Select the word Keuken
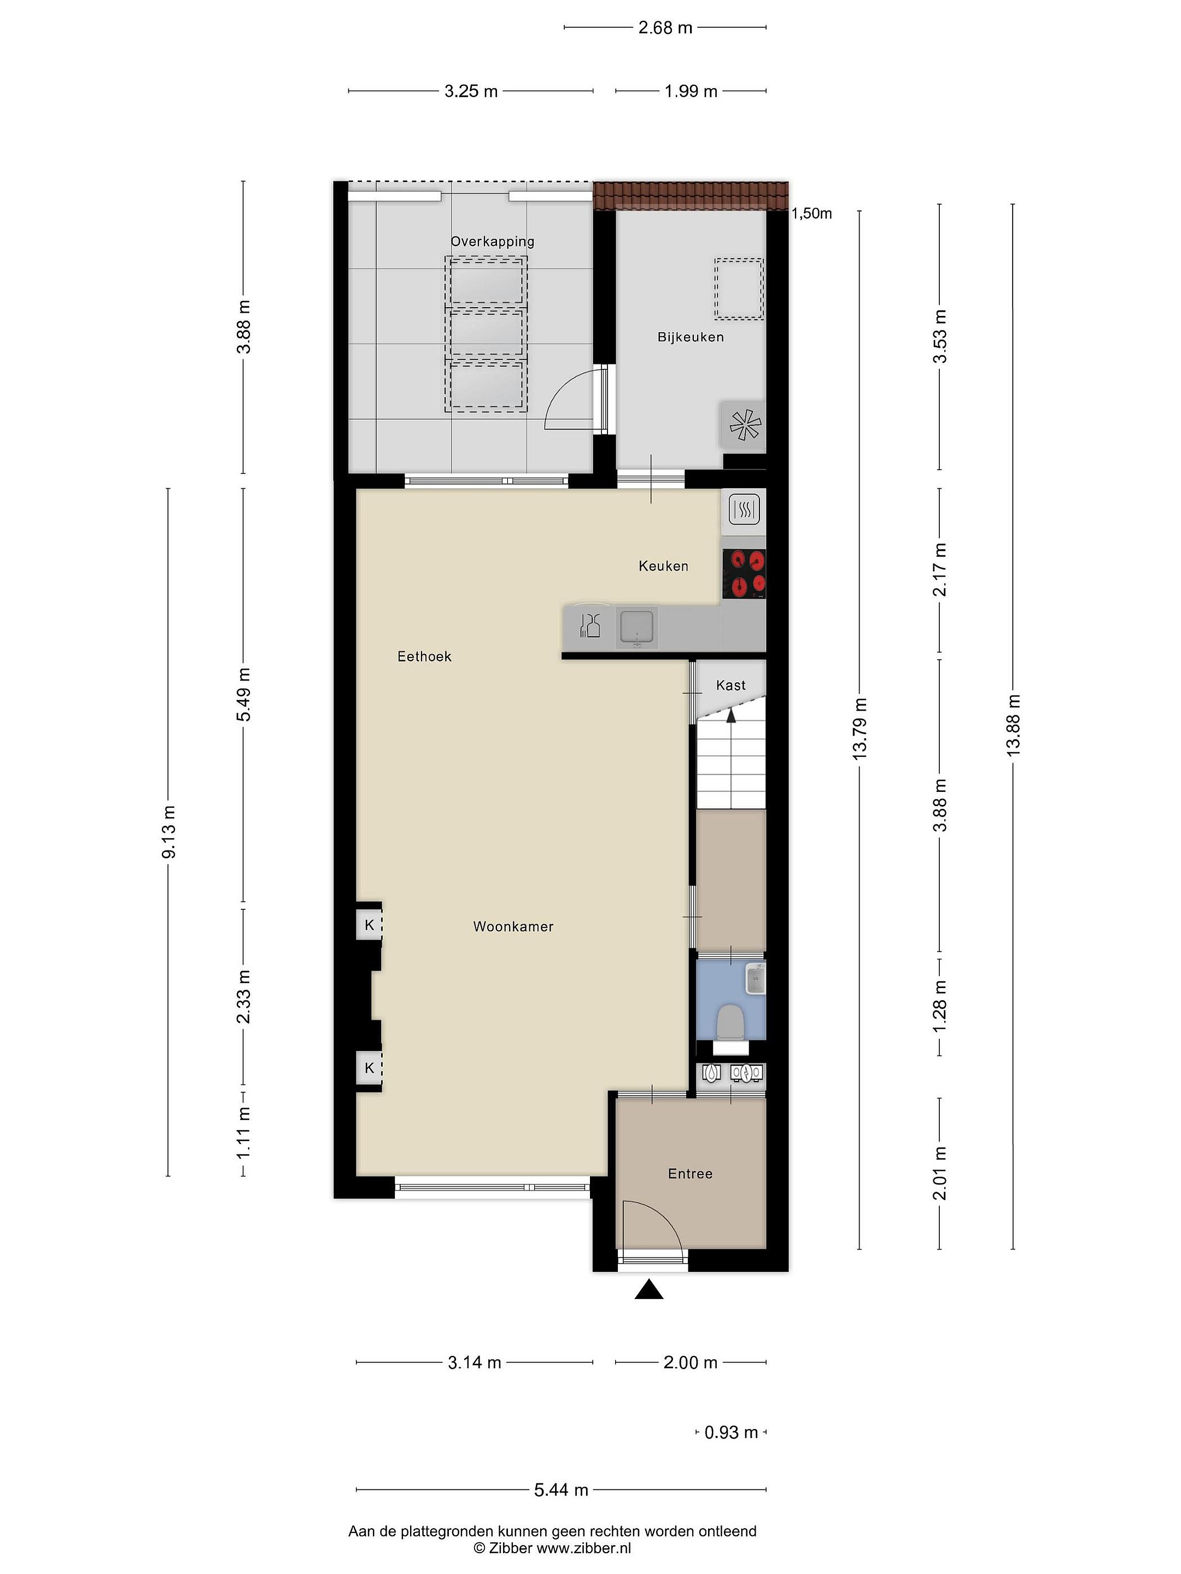click(x=663, y=566)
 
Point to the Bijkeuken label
click(x=691, y=337)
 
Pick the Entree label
click(x=690, y=1173)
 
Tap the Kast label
click(x=730, y=685)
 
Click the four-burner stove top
click(x=744, y=573)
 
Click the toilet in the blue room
click(x=730, y=1023)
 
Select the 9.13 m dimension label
click(x=169, y=831)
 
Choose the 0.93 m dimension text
click(x=731, y=1432)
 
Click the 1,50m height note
click(x=811, y=214)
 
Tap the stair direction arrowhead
click(x=730, y=715)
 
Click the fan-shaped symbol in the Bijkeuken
click(x=745, y=426)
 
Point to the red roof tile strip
click(x=691, y=196)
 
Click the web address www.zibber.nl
click(x=583, y=1549)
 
